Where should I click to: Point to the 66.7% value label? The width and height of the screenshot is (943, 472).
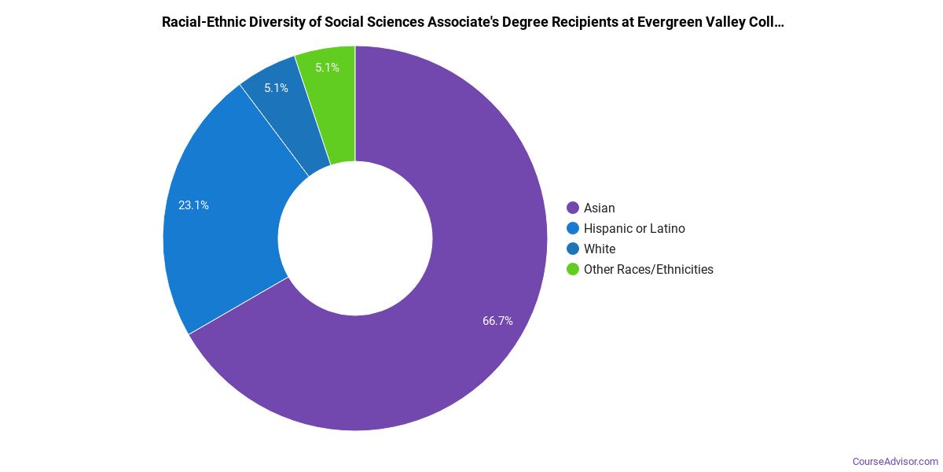(x=497, y=321)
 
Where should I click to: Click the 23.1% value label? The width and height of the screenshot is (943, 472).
(x=193, y=205)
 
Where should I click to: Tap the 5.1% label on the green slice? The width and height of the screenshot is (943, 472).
(x=327, y=68)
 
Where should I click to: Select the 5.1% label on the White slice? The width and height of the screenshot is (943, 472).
(x=276, y=88)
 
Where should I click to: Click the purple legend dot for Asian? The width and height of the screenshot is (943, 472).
(x=573, y=208)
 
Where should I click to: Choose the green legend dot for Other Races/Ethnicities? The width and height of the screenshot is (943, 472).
(x=573, y=269)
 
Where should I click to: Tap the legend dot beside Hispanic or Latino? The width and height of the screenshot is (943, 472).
(x=573, y=228)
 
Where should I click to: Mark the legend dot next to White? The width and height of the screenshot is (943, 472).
(x=573, y=249)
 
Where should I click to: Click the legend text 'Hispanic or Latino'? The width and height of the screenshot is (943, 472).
(x=634, y=228)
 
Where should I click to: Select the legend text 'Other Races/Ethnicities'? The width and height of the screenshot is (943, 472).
(x=648, y=269)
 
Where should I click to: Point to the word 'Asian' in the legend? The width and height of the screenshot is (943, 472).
(x=600, y=208)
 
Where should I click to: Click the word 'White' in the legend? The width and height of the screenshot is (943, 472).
(x=600, y=249)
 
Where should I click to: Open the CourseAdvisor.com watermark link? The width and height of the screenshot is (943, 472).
(x=895, y=461)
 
